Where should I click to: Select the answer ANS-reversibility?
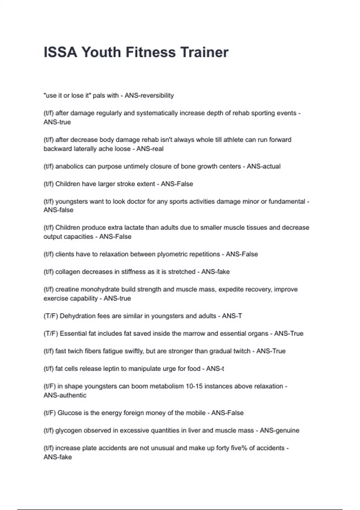tap(149, 95)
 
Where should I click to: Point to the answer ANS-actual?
tap(263, 166)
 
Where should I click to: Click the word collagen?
tap(68, 271)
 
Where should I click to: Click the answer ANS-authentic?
tap(65, 395)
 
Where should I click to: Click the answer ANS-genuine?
tap(279, 430)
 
